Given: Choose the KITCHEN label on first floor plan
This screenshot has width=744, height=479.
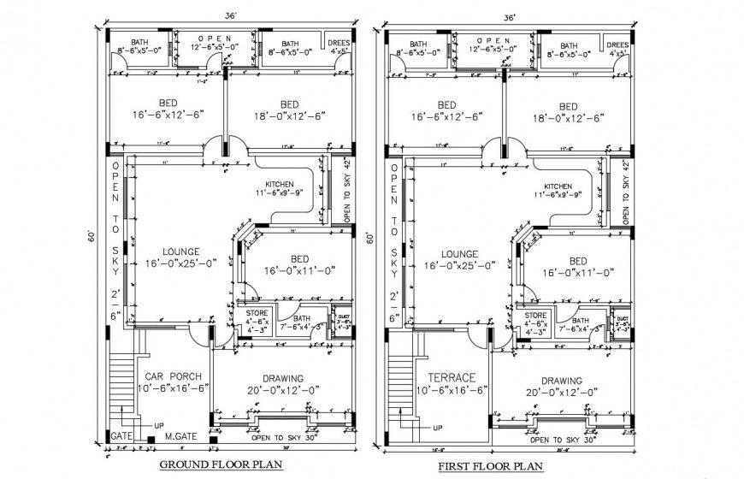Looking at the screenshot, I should point(558,186).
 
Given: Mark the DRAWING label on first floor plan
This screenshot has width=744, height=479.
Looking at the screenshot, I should point(561,381).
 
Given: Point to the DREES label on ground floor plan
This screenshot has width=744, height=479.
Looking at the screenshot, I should point(339,42).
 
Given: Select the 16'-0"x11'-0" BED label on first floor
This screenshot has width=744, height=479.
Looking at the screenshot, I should point(578,261).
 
